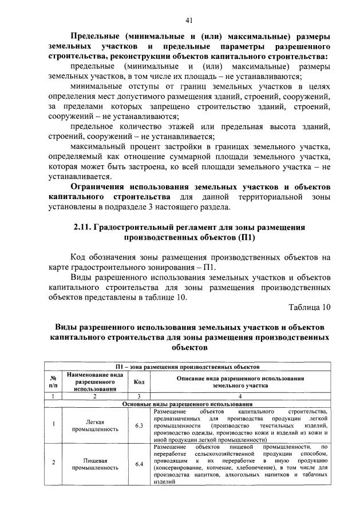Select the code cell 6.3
point(139,425)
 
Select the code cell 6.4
point(139,463)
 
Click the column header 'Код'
point(139,382)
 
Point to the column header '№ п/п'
point(53,382)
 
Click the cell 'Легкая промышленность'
point(94,425)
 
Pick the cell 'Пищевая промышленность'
point(94,463)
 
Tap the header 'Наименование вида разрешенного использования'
point(94,381)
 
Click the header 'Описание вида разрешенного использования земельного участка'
point(240,382)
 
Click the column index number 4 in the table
point(240,396)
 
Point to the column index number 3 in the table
point(139,396)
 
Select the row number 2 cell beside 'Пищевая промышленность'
point(53,463)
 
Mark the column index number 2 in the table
point(94,396)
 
